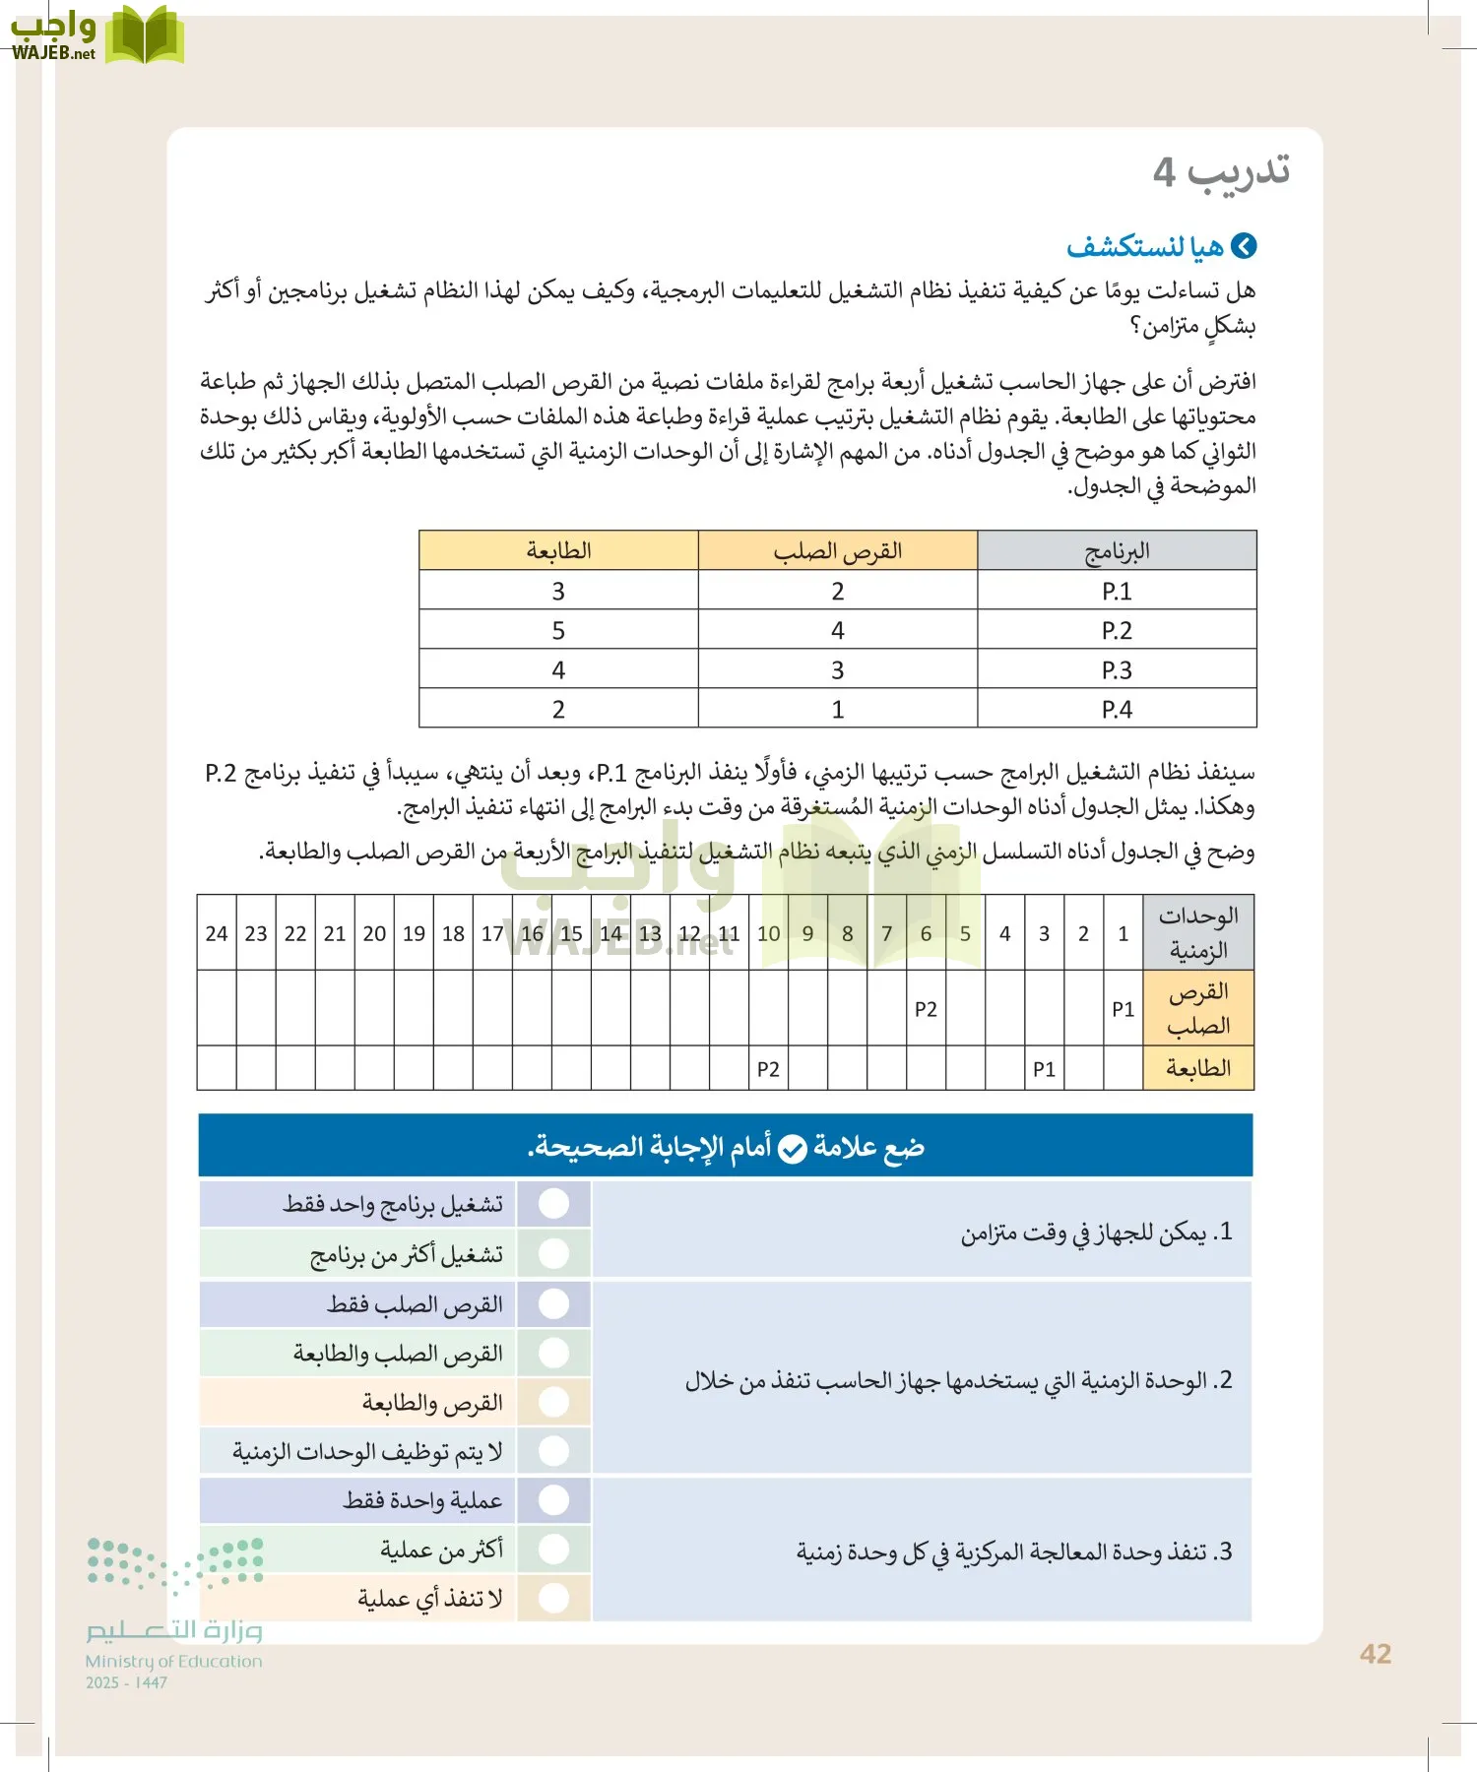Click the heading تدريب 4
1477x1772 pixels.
[1221, 171]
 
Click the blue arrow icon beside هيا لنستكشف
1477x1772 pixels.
[1245, 246]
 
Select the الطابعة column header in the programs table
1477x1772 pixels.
[558, 551]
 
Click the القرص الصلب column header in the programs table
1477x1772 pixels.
[837, 551]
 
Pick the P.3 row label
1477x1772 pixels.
[1117, 670]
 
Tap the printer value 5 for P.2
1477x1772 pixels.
[558, 630]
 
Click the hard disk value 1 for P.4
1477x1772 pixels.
[837, 710]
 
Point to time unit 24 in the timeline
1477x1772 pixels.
[217, 933]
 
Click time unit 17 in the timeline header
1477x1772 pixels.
[492, 933]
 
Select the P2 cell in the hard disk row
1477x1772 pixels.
[926, 1009]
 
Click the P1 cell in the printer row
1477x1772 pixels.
[1044, 1069]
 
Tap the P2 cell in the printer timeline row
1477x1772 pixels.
[768, 1069]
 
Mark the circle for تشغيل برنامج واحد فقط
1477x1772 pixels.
[554, 1203]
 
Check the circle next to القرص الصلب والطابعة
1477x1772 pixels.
[554, 1353]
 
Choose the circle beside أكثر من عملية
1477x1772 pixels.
[554, 1550]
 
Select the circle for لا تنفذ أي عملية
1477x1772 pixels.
[554, 1598]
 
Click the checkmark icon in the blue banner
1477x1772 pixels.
[793, 1149]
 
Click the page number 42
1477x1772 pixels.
[1375, 1654]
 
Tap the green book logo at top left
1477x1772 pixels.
[144, 36]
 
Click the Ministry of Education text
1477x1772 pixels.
[173, 1661]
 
